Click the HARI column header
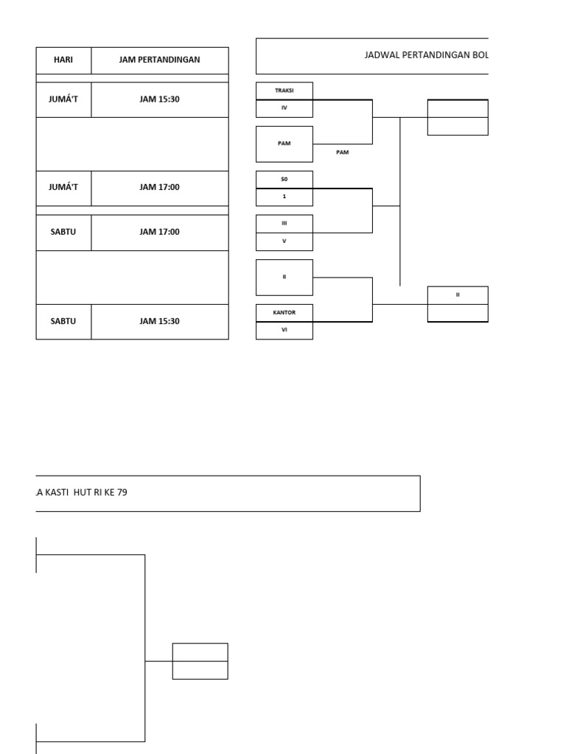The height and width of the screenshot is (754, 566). point(63,60)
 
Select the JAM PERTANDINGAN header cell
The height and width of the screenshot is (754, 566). point(159,60)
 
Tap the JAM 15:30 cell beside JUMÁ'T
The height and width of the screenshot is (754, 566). point(159,99)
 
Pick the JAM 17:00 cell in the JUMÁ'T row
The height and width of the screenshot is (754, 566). point(159,188)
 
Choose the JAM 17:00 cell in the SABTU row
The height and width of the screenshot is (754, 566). point(159,232)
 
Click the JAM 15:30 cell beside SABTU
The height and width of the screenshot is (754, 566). point(159,321)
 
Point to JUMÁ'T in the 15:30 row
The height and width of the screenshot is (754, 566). point(63,99)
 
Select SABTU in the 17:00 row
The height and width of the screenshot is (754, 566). point(63,232)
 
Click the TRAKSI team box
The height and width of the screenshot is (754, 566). point(284,91)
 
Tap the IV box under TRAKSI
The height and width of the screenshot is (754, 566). point(284,108)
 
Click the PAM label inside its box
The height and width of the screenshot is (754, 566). point(284,144)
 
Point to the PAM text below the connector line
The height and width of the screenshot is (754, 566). point(342,152)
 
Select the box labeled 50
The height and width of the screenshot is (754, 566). point(284,179)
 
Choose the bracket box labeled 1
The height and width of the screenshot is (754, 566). point(284,197)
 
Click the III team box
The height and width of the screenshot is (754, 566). point(284,223)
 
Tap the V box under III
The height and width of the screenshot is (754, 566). point(284,241)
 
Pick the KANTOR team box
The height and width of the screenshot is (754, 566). point(284,312)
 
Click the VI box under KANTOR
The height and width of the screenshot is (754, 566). point(284,330)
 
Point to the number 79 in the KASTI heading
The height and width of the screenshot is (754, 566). point(121,493)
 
